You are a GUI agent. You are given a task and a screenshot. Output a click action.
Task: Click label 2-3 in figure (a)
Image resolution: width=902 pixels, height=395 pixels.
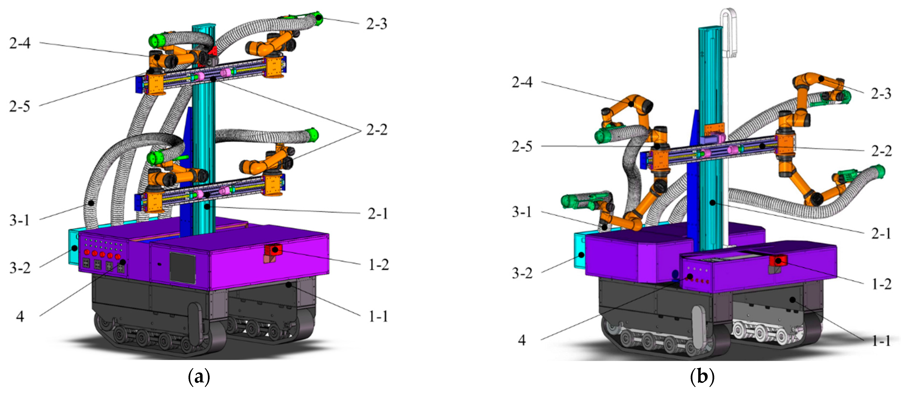(377, 24)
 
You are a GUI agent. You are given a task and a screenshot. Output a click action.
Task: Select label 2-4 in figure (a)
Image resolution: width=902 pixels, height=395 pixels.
(20, 43)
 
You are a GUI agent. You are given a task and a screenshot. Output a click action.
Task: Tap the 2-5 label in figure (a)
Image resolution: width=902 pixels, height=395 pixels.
(20, 106)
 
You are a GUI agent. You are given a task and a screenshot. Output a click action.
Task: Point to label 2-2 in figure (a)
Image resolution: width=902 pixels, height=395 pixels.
(377, 130)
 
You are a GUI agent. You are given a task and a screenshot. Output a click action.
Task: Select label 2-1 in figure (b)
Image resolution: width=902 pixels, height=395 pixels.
(881, 233)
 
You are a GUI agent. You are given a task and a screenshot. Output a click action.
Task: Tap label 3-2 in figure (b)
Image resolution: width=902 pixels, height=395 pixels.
(522, 273)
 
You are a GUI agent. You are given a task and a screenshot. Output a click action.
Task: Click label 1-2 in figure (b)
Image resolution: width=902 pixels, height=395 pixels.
(881, 284)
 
